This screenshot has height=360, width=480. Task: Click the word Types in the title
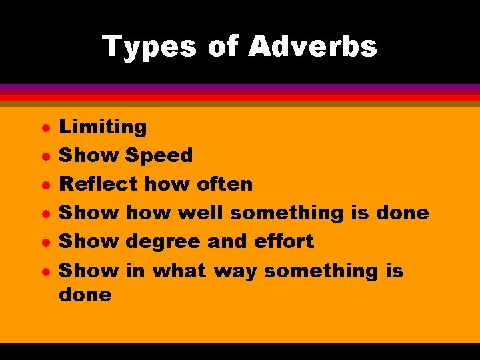point(149,47)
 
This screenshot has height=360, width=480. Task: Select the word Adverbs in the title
point(312,47)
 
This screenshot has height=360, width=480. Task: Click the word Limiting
point(103,126)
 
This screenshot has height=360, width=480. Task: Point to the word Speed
point(159,155)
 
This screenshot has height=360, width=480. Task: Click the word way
point(237,271)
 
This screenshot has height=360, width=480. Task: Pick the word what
point(179,271)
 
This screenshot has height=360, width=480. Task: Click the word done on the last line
point(85,294)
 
